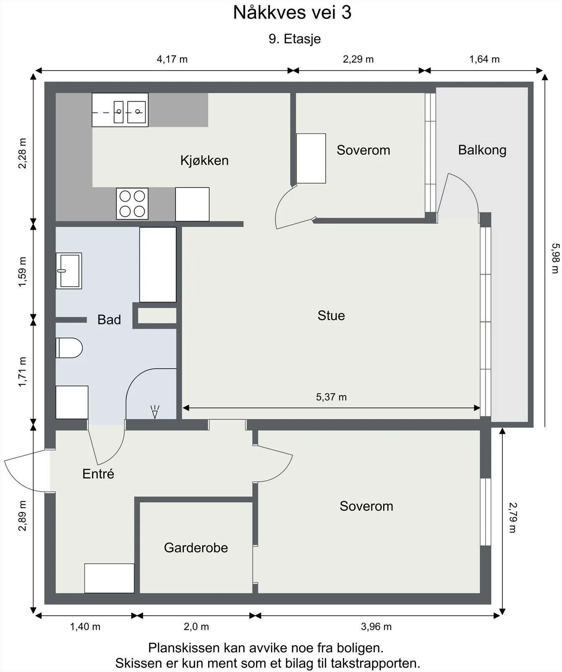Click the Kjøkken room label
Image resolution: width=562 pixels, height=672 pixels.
coord(204,160)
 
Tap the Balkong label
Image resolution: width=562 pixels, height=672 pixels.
coord(482,150)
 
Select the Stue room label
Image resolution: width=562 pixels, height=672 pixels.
coord(331,315)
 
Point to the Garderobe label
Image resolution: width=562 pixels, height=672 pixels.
coord(196,548)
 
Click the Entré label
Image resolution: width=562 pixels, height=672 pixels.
coord(98,474)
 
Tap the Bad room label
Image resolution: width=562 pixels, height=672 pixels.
coord(109,320)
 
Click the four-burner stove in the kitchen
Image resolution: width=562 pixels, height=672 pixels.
coord(132,204)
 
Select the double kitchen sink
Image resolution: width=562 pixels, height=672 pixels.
coord(120,110)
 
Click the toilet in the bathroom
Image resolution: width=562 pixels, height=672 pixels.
coord(69,348)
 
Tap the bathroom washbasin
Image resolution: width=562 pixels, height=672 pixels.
coord(69,271)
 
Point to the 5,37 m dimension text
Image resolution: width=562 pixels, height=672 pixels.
coord(331,397)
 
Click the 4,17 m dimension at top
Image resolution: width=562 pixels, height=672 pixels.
coord(172,59)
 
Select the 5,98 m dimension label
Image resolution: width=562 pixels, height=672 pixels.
coord(555,258)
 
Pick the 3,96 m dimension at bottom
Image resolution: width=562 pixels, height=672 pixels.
coord(376,627)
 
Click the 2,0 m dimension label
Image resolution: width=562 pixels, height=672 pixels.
coord(196,627)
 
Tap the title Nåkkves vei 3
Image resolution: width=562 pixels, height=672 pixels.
coord(292,13)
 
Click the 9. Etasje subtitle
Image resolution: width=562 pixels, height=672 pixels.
coord(295,39)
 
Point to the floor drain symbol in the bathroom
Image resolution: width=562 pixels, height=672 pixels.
coord(155,412)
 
